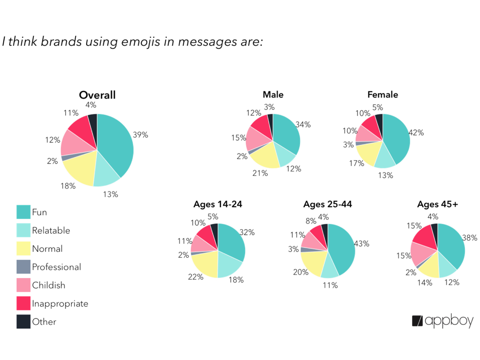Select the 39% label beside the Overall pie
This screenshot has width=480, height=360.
[x=140, y=135]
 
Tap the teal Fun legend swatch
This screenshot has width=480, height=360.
[x=23, y=212]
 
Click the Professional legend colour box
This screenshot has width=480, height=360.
[x=23, y=267]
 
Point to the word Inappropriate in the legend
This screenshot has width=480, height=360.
[x=60, y=304]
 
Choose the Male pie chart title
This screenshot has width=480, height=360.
[x=273, y=95]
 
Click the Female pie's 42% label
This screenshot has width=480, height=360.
[x=416, y=133]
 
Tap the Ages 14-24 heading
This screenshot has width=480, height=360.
[x=217, y=204]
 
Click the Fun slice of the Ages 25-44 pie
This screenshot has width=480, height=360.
[x=342, y=248]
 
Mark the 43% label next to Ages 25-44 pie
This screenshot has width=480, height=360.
[x=362, y=244]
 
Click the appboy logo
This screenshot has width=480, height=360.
[x=442, y=321]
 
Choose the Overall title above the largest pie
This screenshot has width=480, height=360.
[x=97, y=95]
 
